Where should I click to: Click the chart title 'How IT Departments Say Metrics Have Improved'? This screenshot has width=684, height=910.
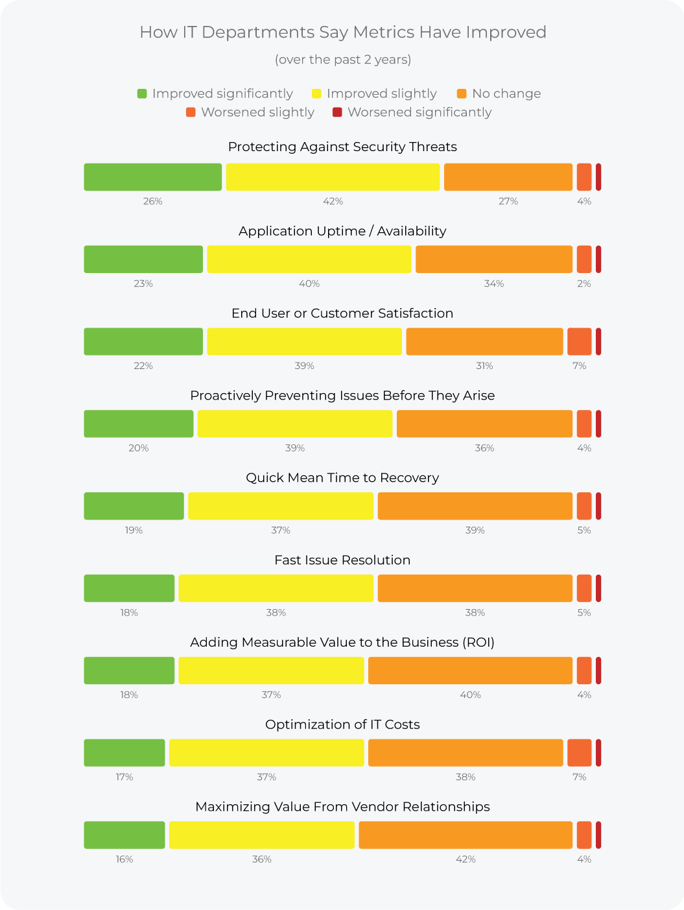342,32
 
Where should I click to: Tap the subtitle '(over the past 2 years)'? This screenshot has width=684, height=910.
342,60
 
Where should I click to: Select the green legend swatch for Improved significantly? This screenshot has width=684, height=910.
142,94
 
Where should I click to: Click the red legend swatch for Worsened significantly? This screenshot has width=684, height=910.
337,112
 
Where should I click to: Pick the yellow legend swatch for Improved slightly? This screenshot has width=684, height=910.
316,94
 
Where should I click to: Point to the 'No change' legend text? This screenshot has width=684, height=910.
506,94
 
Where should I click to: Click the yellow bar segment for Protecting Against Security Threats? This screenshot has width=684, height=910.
333,177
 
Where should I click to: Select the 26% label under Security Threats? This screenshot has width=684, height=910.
153,202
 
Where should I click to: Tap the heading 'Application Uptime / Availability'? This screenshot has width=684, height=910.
342,232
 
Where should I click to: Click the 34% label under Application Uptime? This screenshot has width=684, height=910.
494,284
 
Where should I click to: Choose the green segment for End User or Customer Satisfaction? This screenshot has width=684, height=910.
143,342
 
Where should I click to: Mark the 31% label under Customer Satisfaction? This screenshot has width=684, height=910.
484,366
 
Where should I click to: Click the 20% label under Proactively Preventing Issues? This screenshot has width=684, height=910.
139,448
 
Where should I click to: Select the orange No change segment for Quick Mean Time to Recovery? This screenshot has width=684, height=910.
475,506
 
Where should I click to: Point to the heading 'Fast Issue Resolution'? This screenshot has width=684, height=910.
342,560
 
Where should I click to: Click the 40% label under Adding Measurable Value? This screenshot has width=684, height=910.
471,695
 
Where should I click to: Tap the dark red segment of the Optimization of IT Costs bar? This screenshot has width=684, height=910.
598,752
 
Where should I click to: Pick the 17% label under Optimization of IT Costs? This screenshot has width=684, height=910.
124,777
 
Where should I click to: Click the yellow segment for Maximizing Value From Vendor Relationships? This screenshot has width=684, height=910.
262,835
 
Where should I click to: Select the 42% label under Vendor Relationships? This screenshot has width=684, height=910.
466,859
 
